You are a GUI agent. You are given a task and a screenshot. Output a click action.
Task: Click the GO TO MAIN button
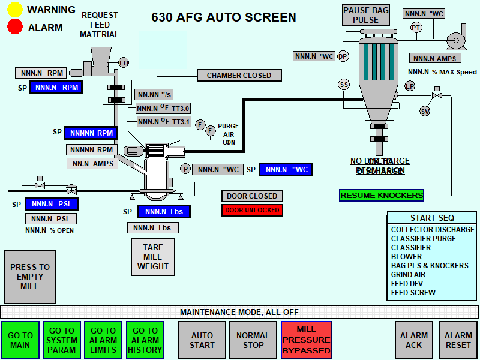coord(20,340)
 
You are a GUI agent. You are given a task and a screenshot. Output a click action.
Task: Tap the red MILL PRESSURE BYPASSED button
coord(306,340)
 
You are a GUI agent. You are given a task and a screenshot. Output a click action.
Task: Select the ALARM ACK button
coord(414,340)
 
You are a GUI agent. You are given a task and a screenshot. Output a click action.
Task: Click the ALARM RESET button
coord(458,340)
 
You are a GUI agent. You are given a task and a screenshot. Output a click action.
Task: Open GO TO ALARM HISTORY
coord(145,340)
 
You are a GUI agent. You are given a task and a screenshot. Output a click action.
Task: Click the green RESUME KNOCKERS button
coord(382,195)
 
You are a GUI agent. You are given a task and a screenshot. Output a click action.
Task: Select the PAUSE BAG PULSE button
coord(365,15)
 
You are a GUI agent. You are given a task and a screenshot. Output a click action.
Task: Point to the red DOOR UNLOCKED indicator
coord(252,210)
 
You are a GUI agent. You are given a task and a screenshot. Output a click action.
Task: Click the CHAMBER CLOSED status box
coord(239,76)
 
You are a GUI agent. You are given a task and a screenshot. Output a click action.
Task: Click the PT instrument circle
coord(416,28)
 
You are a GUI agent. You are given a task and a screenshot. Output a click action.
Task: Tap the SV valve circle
coord(425,111)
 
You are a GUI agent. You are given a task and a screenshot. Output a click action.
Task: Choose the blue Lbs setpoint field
coord(164,211)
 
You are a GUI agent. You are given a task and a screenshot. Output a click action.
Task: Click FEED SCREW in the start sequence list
coord(413,293)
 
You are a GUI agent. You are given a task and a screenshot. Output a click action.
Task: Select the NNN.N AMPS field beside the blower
coord(436,58)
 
